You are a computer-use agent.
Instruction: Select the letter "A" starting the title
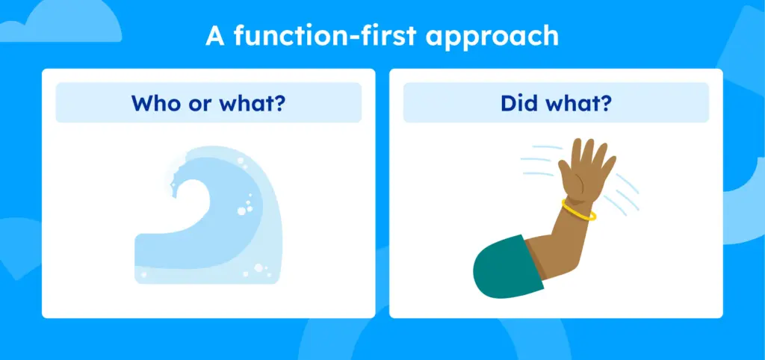click(215, 36)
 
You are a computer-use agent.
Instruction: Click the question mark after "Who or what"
click(279, 103)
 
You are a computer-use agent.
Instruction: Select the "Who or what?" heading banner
click(208, 102)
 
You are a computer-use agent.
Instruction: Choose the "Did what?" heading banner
click(556, 102)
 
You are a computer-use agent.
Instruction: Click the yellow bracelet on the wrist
click(579, 210)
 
